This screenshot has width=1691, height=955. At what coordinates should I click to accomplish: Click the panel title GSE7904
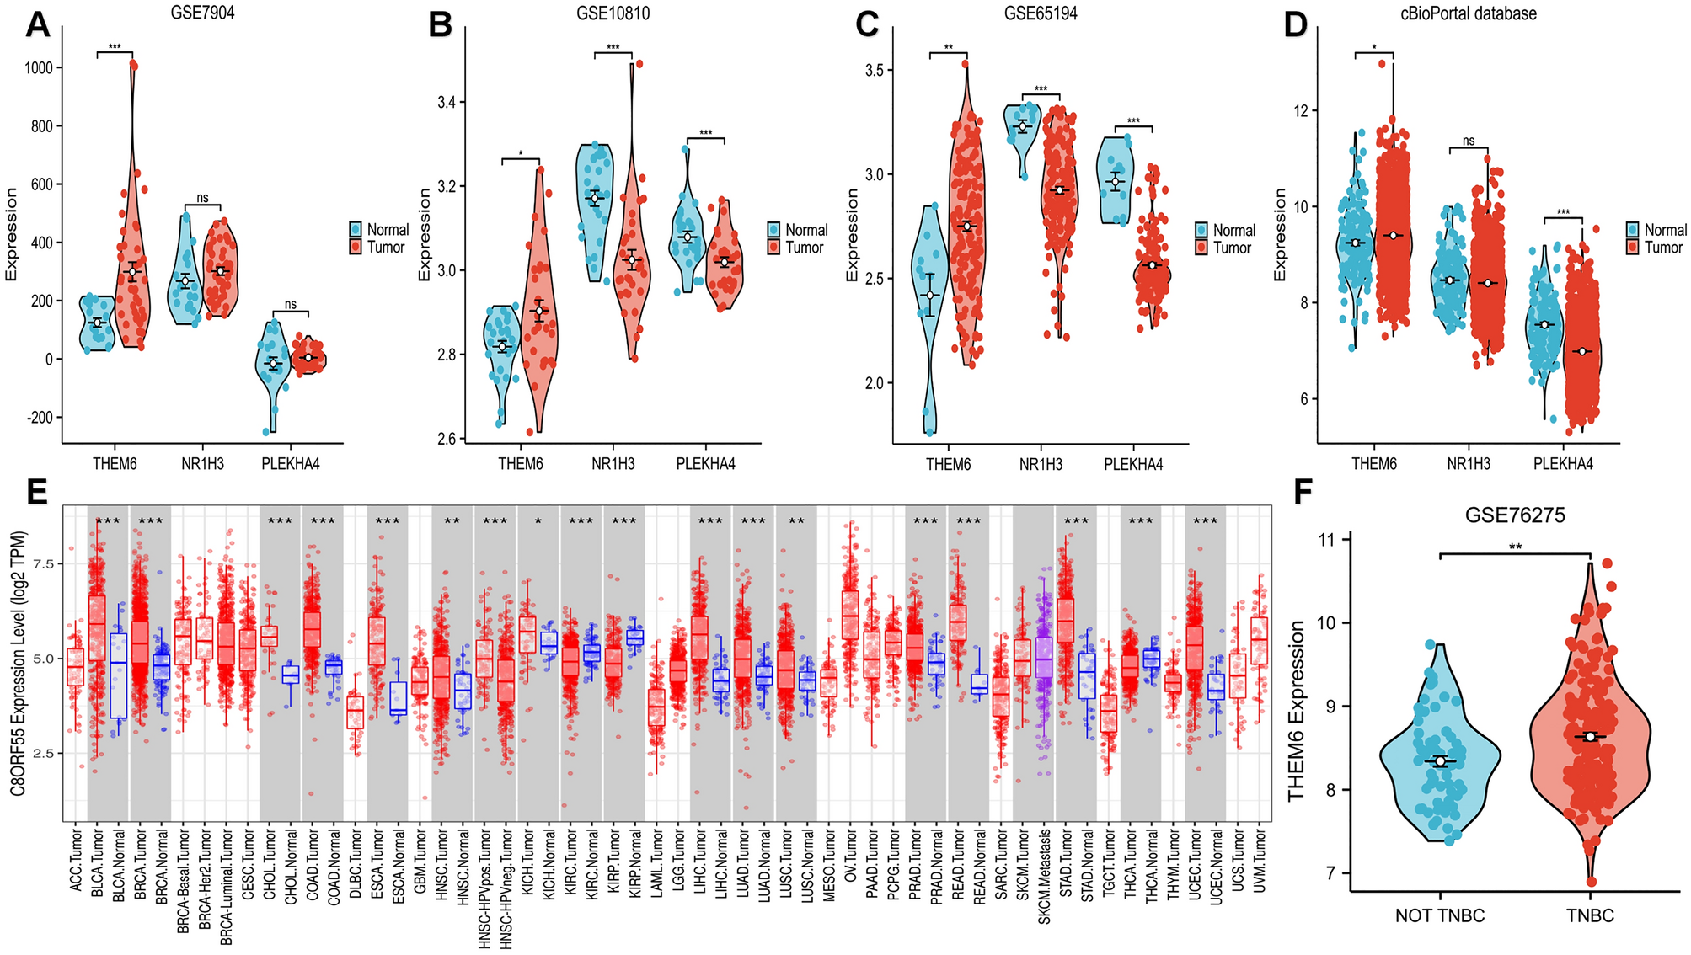[x=202, y=13]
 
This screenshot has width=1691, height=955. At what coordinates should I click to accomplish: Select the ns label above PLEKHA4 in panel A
[x=291, y=304]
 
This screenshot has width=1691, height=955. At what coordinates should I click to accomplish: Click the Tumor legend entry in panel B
[x=804, y=248]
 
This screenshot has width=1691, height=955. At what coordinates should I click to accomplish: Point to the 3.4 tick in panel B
[x=446, y=102]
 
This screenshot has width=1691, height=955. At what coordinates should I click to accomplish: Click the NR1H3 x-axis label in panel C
[x=1041, y=464]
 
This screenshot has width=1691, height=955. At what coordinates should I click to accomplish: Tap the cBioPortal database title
[x=1468, y=13]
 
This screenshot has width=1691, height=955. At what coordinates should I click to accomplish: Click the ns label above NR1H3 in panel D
[x=1469, y=141]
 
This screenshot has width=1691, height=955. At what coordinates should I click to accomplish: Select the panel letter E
[x=37, y=492]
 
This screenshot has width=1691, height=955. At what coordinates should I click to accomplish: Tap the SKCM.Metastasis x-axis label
[x=1045, y=877]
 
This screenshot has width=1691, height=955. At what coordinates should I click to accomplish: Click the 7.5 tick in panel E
[x=43, y=563]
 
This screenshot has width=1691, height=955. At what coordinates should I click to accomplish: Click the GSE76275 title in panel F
[x=1514, y=515]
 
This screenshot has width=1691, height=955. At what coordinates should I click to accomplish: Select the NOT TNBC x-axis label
[x=1440, y=915]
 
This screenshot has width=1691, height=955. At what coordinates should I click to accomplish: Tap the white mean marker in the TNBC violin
[x=1590, y=737]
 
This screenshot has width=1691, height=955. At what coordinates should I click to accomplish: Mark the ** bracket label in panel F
[x=1515, y=547]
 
